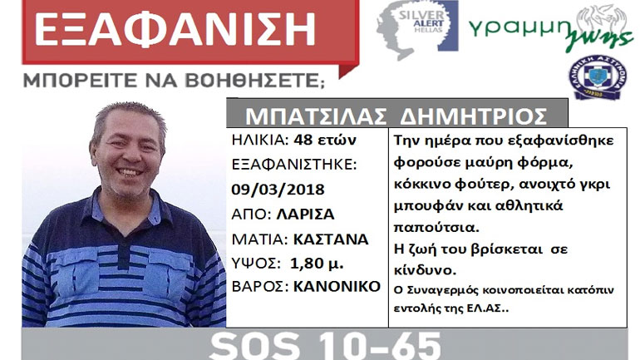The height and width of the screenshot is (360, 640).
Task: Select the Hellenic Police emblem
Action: [597, 79]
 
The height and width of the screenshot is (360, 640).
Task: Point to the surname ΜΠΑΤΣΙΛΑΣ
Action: [304, 115]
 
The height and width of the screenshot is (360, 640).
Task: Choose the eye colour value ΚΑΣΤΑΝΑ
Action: [330, 239]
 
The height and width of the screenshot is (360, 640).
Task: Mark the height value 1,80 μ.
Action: [318, 263]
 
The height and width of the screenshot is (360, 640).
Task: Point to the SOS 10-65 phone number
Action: [325, 344]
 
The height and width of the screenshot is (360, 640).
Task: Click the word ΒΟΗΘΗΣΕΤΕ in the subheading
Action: [258, 81]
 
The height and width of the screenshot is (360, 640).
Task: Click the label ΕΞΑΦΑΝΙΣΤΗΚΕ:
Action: [294, 165]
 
